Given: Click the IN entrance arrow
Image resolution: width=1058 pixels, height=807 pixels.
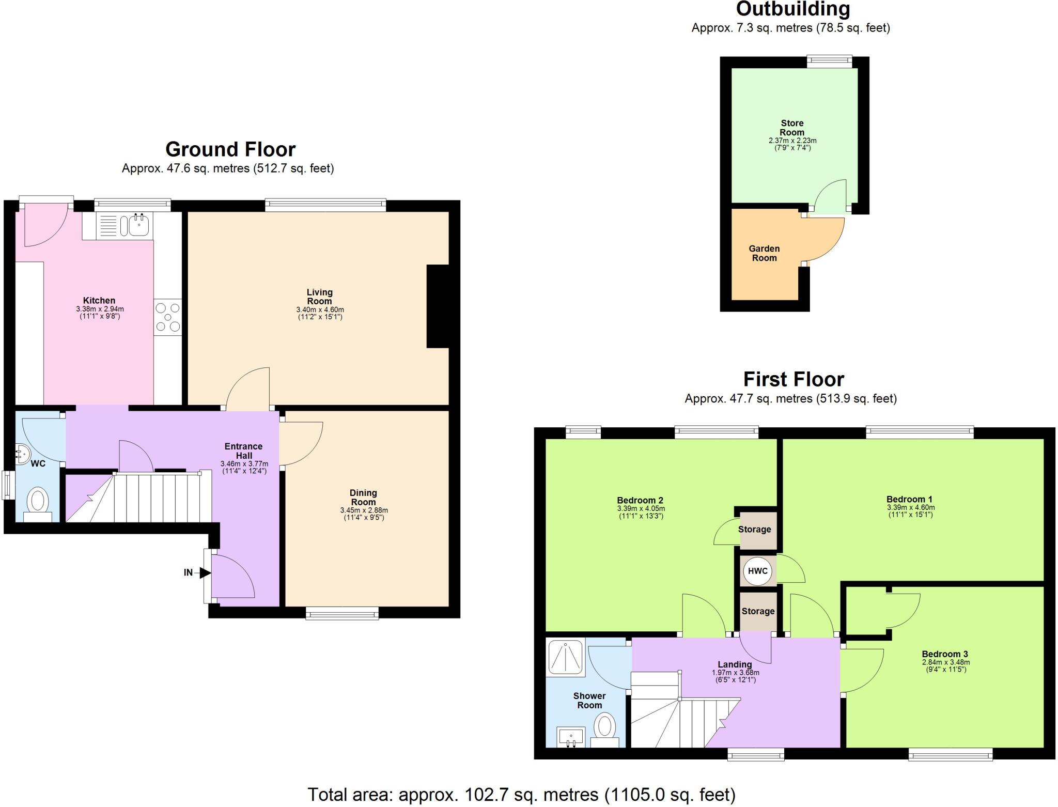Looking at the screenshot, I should [x=205, y=572].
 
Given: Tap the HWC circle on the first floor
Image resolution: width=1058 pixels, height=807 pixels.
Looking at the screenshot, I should [x=758, y=571].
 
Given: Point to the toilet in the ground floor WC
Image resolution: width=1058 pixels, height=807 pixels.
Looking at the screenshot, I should [x=38, y=501].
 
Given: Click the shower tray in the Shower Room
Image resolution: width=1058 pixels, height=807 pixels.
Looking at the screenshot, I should [x=565, y=658].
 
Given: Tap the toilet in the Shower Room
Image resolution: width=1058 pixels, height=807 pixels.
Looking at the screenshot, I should [x=604, y=728].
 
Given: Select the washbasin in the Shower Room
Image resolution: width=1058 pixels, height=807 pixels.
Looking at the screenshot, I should [x=571, y=736].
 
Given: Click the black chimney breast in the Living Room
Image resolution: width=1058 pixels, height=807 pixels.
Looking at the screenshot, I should [x=438, y=306].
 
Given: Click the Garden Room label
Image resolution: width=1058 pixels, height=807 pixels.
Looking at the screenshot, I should [x=764, y=253].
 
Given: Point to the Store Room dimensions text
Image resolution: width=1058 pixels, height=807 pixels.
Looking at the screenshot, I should [x=792, y=144].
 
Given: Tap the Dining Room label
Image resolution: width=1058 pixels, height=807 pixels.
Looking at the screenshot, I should [x=363, y=497].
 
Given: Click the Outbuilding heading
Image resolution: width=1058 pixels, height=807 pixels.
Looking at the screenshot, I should [x=793, y=9].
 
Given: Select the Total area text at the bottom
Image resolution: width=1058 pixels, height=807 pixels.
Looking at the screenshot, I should [x=521, y=794].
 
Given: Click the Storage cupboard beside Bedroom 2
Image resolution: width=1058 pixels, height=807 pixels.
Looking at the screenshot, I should [x=755, y=530].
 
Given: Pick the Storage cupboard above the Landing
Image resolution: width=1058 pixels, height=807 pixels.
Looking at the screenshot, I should [x=758, y=611].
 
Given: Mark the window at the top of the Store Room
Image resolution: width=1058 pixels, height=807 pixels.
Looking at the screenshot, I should [x=830, y=61].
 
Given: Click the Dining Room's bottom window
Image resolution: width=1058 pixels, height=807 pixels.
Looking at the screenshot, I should [x=342, y=613].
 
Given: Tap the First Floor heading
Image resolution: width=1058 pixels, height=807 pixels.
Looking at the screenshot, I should [x=793, y=380].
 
